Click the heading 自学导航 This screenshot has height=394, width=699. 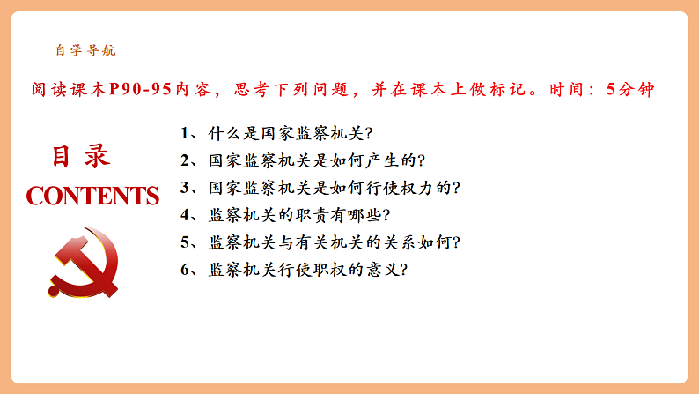tap(85, 51)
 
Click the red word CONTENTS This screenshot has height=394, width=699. tap(92, 196)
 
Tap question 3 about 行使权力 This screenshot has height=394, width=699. tap(320, 188)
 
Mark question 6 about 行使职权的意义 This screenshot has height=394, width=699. tap(295, 269)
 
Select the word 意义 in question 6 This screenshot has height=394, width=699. tap(381, 269)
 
